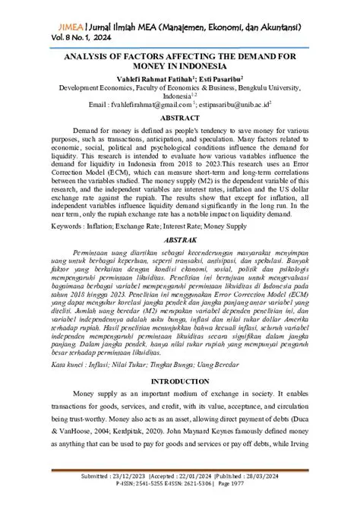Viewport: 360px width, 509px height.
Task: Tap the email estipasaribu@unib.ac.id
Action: pos(234,106)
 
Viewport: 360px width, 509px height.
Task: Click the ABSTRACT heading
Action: pos(180,119)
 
